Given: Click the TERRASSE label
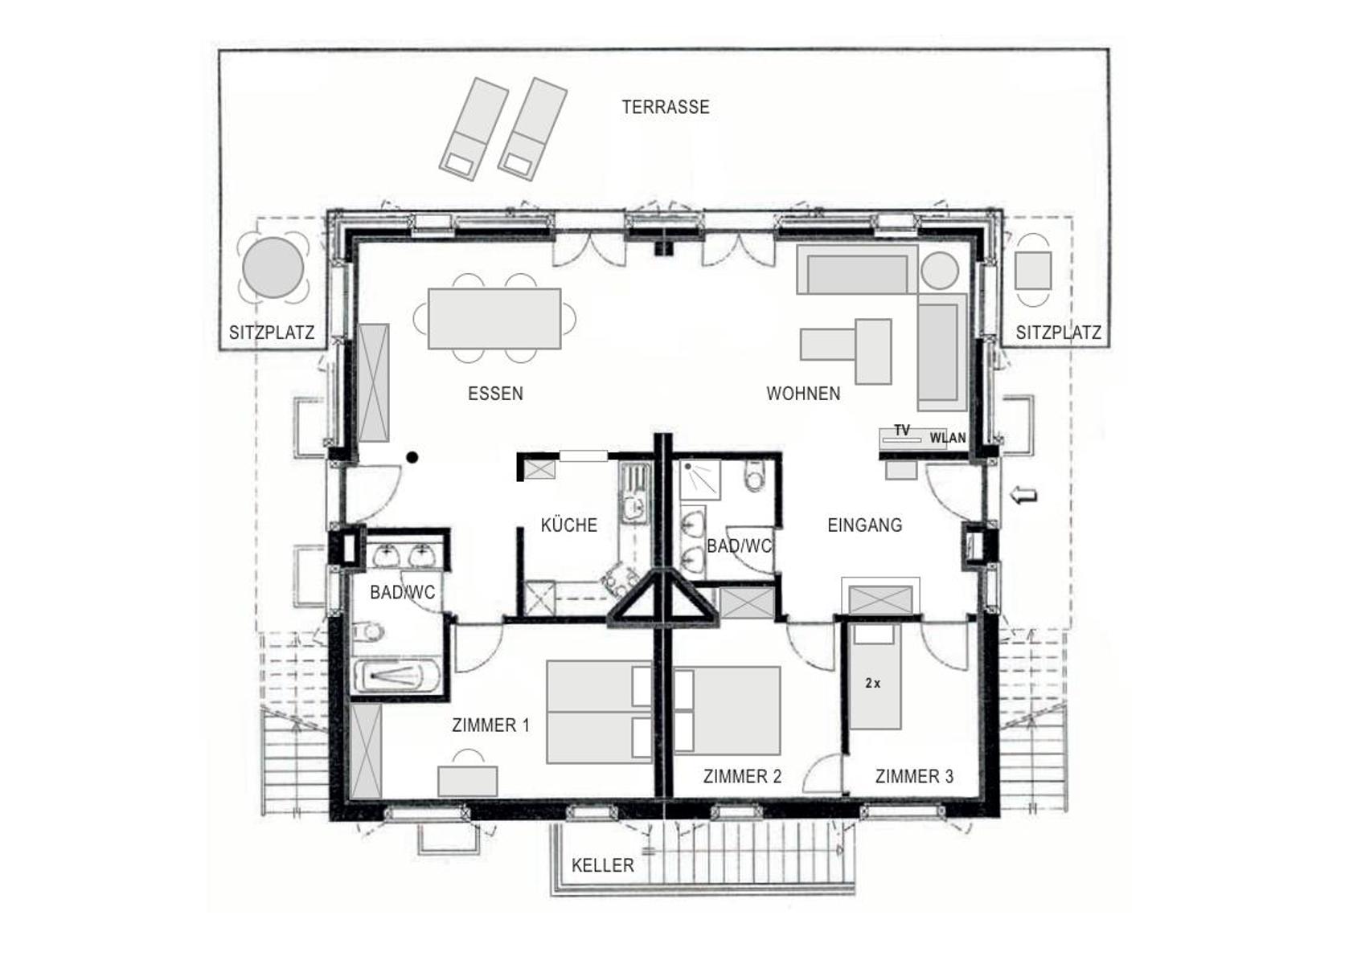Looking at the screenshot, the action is pyautogui.click(x=666, y=108).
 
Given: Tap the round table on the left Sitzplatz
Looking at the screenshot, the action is pyautogui.click(x=273, y=268).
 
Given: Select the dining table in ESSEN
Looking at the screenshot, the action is pyautogui.click(x=494, y=319).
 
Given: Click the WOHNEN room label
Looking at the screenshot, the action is pyautogui.click(x=803, y=394).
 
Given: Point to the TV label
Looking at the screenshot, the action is pyautogui.click(x=902, y=431).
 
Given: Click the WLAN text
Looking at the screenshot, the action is pyautogui.click(x=948, y=438).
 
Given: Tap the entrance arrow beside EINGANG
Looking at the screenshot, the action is pyautogui.click(x=1025, y=496).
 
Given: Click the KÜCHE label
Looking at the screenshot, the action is pyautogui.click(x=569, y=525).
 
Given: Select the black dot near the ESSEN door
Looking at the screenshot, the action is pyautogui.click(x=412, y=457).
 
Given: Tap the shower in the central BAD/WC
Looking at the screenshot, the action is pyautogui.click(x=701, y=480).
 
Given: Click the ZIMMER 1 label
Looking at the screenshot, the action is pyautogui.click(x=490, y=725).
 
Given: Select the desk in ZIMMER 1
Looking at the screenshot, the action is pyautogui.click(x=468, y=781).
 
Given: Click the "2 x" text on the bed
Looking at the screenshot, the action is pyautogui.click(x=873, y=683).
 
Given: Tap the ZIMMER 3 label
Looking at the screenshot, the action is pyautogui.click(x=915, y=776).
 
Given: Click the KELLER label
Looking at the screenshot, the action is pyautogui.click(x=603, y=865).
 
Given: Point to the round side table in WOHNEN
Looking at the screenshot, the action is pyautogui.click(x=940, y=270).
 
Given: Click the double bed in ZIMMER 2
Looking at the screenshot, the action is pyautogui.click(x=727, y=710).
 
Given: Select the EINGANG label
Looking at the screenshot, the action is pyautogui.click(x=865, y=525).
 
